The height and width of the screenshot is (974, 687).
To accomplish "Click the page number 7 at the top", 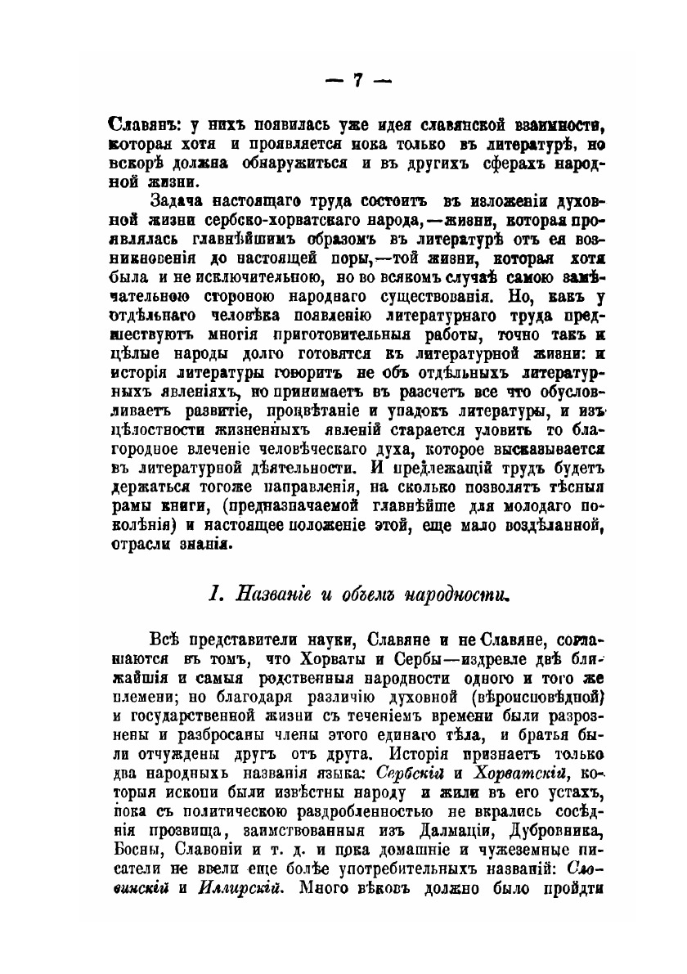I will pyautogui.click(x=357, y=80).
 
